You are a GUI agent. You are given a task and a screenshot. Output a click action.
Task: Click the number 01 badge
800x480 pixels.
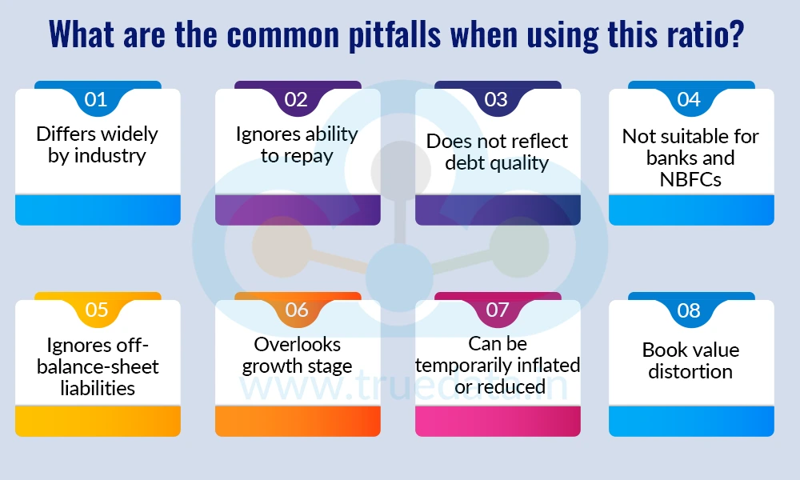click(x=96, y=100)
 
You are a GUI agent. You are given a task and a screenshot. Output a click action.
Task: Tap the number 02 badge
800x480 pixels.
click(x=296, y=100)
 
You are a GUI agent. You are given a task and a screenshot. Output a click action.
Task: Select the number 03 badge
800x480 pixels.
click(x=496, y=100)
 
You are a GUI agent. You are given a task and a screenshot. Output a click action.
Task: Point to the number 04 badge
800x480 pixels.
click(x=689, y=100)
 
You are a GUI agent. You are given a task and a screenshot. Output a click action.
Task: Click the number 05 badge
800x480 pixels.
click(x=96, y=310)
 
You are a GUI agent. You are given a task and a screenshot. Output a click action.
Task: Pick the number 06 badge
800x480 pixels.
click(x=296, y=310)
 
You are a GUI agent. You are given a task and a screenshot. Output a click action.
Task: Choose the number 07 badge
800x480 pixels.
click(x=497, y=310)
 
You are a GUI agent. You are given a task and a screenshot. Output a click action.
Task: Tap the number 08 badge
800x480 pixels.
click(x=689, y=310)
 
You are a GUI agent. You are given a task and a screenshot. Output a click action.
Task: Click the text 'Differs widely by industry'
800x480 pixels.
click(x=98, y=145)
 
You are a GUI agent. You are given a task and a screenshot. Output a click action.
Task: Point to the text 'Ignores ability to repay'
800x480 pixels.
click(x=297, y=145)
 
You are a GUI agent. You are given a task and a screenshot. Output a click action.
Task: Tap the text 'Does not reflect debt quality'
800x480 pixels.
click(x=497, y=152)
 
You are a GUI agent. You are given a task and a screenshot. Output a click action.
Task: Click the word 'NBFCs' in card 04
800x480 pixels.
click(x=690, y=179)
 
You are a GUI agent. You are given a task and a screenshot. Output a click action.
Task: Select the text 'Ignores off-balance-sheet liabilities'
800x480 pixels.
click(x=98, y=366)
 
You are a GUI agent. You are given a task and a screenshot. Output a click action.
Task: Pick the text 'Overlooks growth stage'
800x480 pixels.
click(x=297, y=355)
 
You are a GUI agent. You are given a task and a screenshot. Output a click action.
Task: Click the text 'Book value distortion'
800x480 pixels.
click(x=690, y=361)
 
